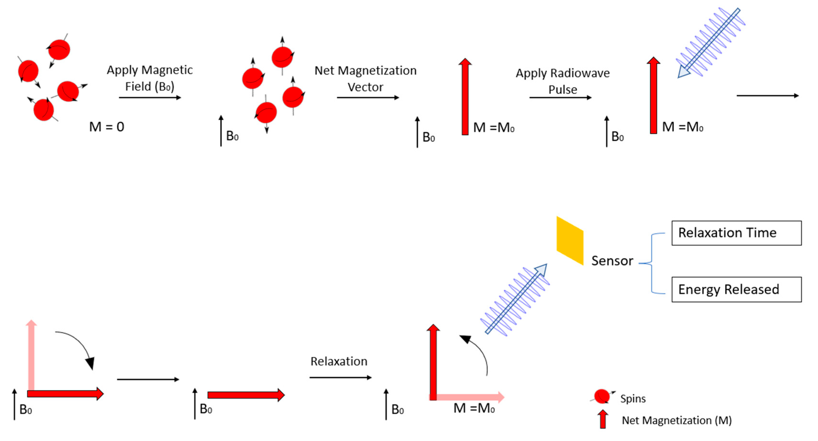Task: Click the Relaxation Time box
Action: click(x=736, y=233)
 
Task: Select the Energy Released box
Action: click(x=736, y=289)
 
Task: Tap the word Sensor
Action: click(x=612, y=261)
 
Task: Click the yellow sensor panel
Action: click(x=570, y=241)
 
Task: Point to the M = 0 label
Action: click(x=107, y=127)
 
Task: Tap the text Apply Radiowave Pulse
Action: click(x=562, y=81)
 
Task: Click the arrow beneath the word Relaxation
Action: click(x=340, y=377)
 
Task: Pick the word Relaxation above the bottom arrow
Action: click(x=339, y=361)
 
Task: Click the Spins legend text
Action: click(x=633, y=399)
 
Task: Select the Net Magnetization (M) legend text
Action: click(x=676, y=420)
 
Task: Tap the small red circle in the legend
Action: click(x=601, y=396)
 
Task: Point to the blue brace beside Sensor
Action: click(x=652, y=263)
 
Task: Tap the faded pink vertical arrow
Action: click(x=31, y=355)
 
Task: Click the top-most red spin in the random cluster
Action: click(x=59, y=50)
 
